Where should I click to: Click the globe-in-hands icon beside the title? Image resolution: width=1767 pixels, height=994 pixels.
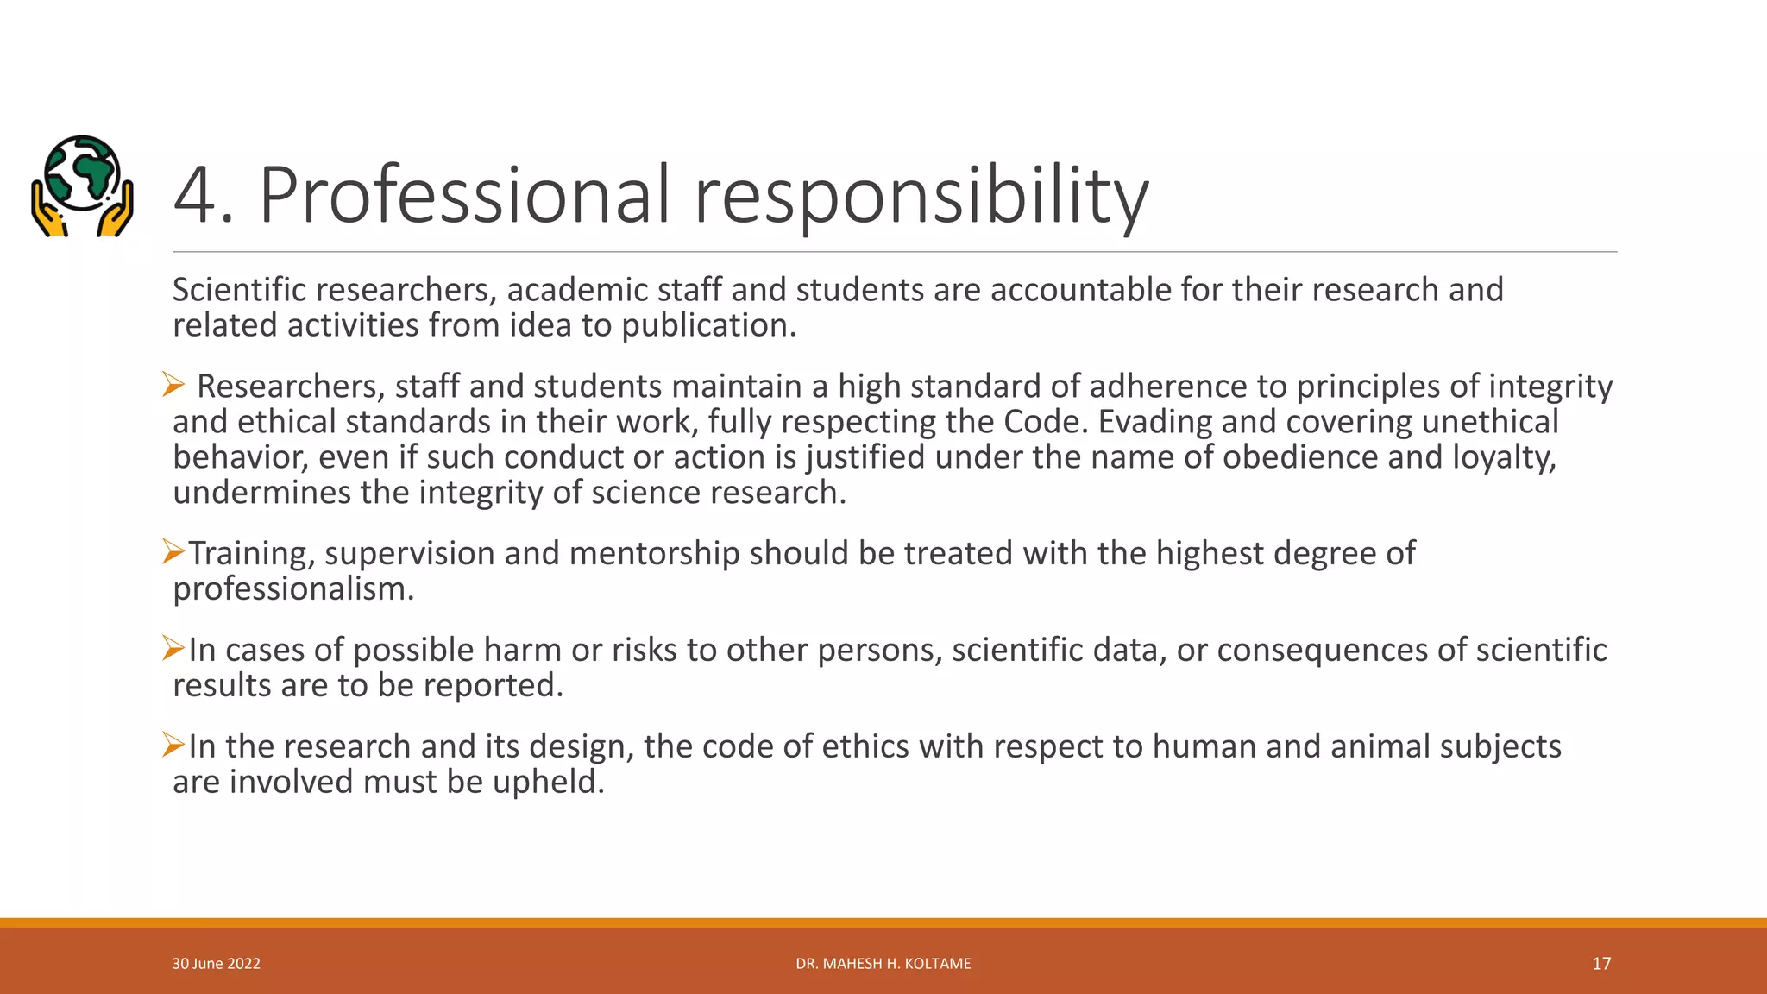(82, 186)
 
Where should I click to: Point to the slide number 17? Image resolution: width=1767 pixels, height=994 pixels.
(1601, 964)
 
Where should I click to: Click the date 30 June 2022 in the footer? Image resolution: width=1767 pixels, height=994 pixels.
(216, 964)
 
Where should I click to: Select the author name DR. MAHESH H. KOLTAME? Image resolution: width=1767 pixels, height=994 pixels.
(883, 964)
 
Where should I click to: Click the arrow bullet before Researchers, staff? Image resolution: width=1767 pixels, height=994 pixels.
(173, 385)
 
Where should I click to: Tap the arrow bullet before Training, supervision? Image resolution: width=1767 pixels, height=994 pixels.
(173, 551)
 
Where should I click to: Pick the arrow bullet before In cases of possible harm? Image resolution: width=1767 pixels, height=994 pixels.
(173, 648)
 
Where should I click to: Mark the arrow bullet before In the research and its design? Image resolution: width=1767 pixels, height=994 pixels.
(173, 745)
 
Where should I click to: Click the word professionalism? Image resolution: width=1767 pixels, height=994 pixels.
(292, 589)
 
